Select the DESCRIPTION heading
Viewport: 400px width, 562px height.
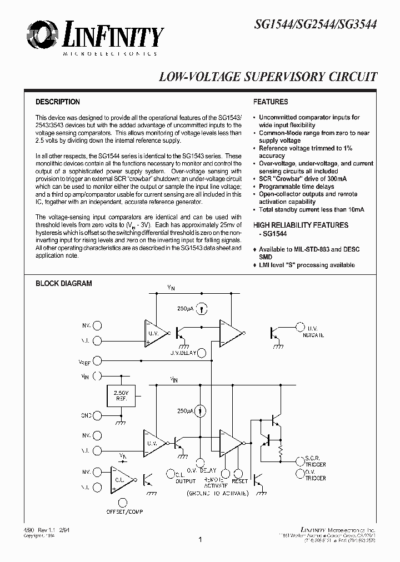(58, 102)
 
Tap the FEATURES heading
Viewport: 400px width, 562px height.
(271, 102)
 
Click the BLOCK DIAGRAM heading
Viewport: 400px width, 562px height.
(63, 283)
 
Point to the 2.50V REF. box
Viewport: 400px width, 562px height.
(121, 396)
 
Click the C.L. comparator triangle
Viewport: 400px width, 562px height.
(123, 479)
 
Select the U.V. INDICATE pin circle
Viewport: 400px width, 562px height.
(301, 327)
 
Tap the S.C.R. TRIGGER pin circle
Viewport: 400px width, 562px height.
(301, 459)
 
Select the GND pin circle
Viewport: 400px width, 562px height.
(98, 415)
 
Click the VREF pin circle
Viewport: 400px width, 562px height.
(98, 361)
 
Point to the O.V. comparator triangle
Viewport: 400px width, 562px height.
(154, 441)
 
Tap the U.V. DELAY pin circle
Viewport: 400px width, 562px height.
(202, 352)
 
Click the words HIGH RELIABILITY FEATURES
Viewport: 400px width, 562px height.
(301, 225)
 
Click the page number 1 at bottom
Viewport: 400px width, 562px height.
(199, 539)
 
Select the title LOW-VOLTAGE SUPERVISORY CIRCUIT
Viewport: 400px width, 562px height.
(268, 77)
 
